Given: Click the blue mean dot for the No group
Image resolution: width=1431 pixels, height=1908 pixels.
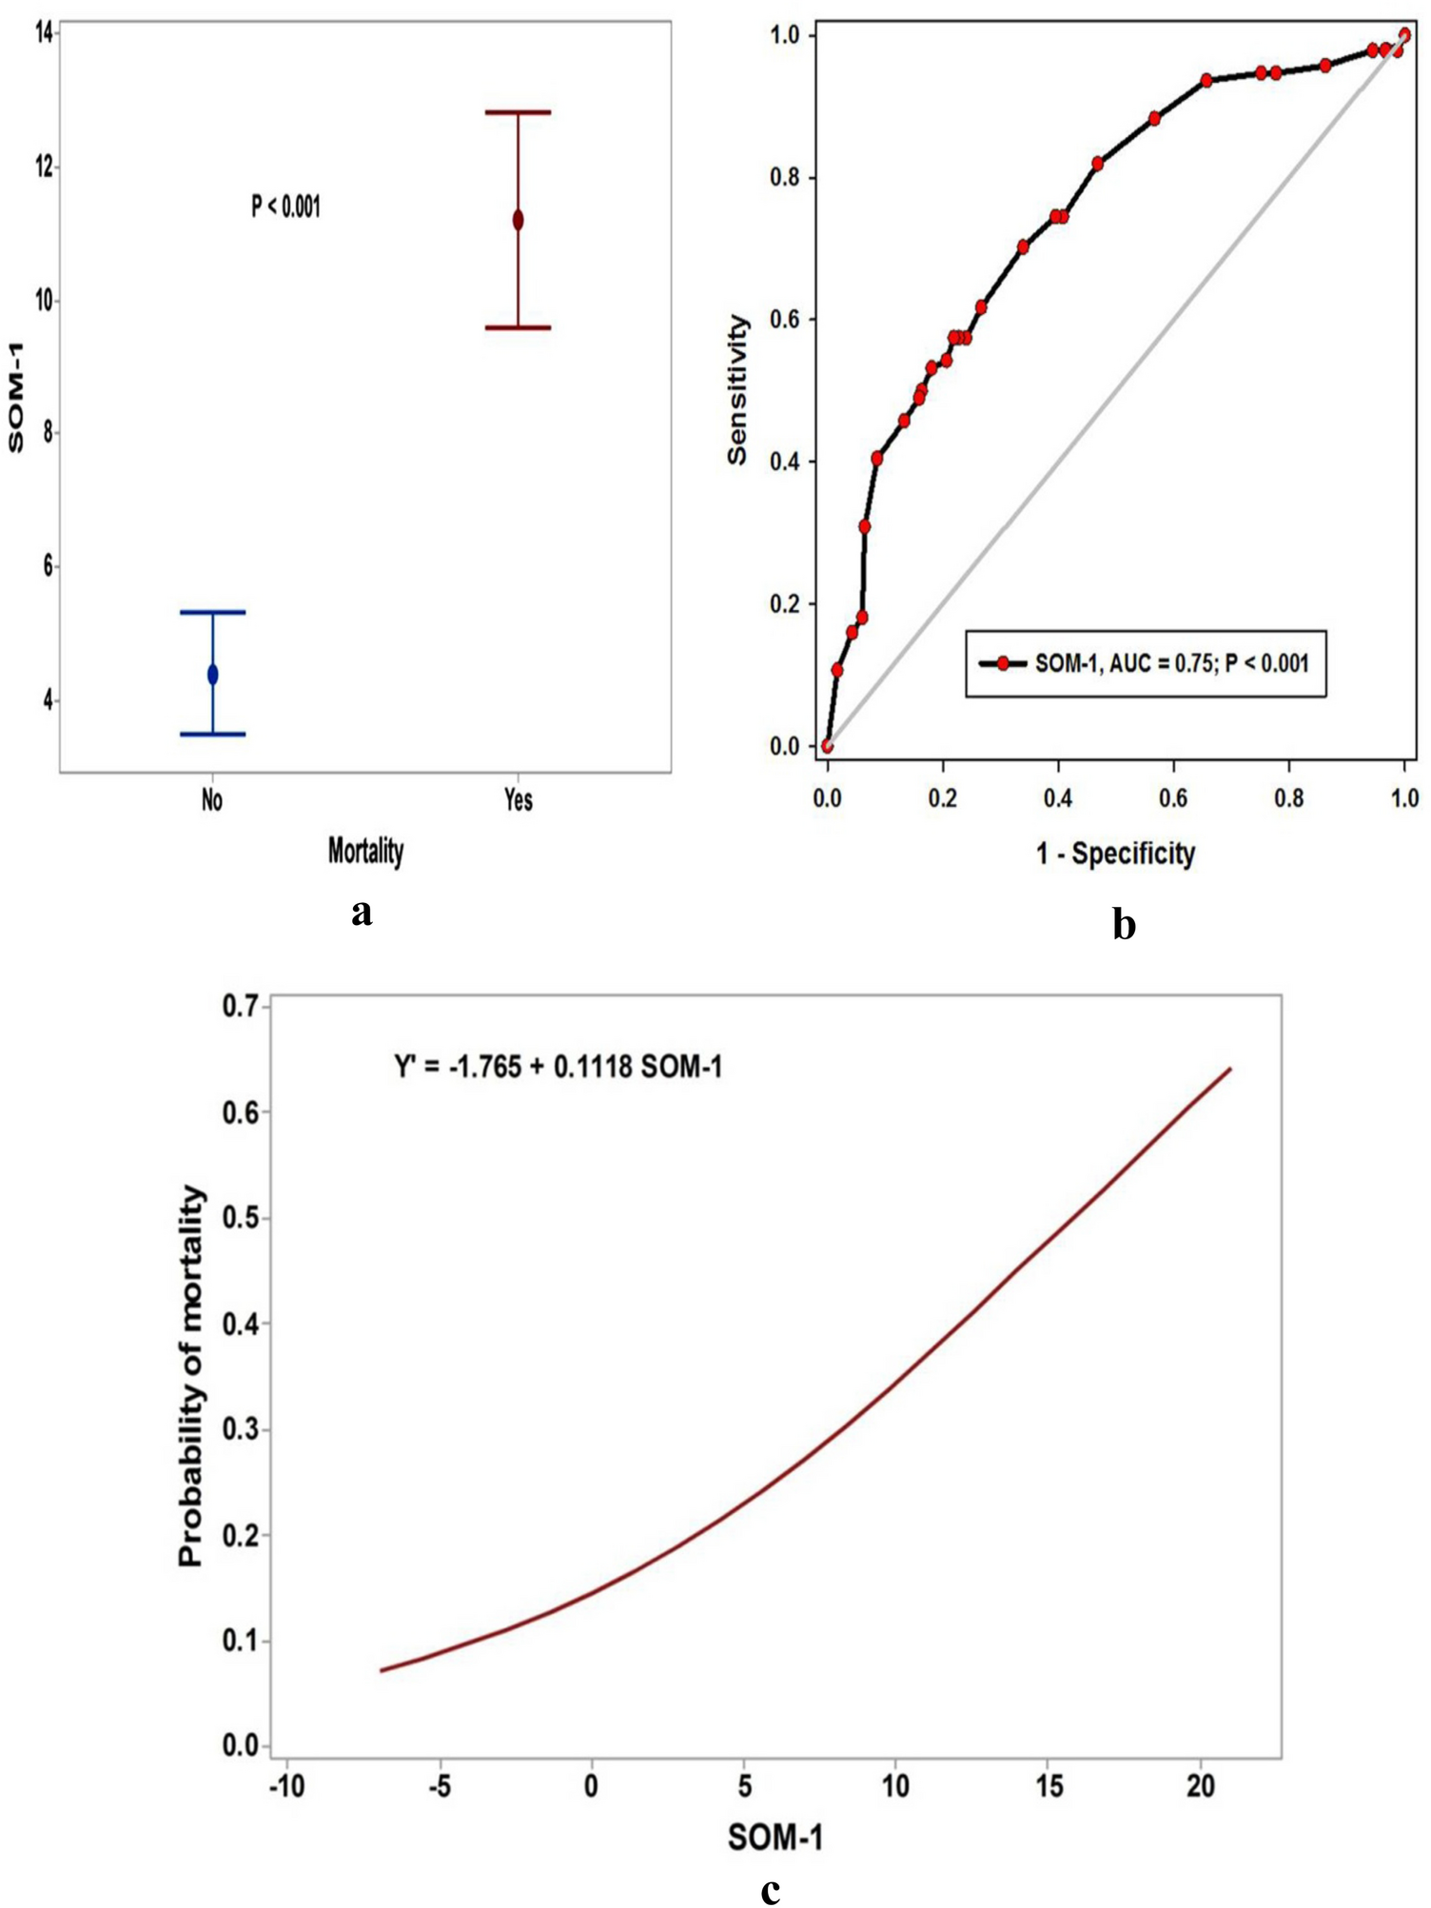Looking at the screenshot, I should tap(212, 675).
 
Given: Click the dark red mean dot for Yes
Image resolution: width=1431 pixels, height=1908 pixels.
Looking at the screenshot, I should tap(518, 220).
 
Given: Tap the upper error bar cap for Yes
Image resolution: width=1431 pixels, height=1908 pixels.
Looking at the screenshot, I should tap(518, 112).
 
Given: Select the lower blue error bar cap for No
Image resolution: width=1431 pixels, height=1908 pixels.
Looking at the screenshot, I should tap(212, 734).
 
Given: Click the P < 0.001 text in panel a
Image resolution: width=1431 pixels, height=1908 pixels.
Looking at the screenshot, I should tap(285, 206).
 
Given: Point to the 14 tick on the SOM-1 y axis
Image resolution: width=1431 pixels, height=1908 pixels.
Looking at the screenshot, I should tap(43, 32).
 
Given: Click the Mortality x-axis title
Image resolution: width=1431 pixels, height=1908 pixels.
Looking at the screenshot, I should tap(365, 850).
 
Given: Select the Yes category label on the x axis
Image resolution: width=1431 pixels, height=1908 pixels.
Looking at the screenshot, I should tap(518, 800).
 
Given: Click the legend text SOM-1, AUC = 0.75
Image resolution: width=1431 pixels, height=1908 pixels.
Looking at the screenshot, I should tap(1171, 663).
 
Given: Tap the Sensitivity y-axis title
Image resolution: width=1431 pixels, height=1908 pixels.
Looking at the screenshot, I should tap(737, 389).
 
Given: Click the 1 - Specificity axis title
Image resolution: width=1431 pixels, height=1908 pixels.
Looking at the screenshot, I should tap(1115, 853).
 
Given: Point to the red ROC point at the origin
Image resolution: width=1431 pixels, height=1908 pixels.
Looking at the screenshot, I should tap(827, 746).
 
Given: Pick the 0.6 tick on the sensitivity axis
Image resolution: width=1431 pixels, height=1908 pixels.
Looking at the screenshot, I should tap(785, 320).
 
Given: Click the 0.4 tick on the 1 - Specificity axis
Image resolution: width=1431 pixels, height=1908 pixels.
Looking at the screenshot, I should tap(1057, 797).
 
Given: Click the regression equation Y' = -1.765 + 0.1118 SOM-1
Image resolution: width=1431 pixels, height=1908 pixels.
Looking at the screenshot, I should tap(559, 1067).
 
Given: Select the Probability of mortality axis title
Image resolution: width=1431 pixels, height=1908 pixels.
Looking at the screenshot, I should tap(191, 1374).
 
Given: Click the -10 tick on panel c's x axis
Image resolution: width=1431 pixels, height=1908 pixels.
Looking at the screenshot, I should tap(286, 1786).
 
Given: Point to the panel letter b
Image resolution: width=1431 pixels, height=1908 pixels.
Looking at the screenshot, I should tap(1124, 924).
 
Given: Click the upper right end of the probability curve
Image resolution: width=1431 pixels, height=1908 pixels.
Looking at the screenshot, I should tap(1230, 1069).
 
